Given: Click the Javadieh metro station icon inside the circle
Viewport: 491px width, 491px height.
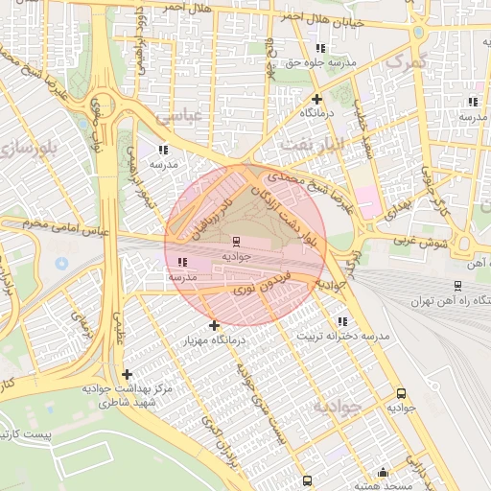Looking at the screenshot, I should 236,241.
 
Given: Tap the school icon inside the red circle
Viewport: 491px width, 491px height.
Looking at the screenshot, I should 182,262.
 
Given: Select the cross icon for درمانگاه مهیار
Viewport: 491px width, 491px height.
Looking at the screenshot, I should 213,325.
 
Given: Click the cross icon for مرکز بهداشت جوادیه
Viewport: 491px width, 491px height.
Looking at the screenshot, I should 127,374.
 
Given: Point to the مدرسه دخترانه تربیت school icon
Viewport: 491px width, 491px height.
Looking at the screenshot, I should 342,321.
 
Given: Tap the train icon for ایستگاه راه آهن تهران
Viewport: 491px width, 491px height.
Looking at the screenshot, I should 458,285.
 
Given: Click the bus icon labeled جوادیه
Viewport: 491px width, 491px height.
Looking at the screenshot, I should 400,392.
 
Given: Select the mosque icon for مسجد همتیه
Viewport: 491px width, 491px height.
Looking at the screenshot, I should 383,472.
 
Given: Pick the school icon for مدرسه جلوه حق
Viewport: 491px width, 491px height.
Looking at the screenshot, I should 320,47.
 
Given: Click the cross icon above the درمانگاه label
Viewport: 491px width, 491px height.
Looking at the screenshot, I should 316,98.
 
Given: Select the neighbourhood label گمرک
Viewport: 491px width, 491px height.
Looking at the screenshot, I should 404,59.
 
